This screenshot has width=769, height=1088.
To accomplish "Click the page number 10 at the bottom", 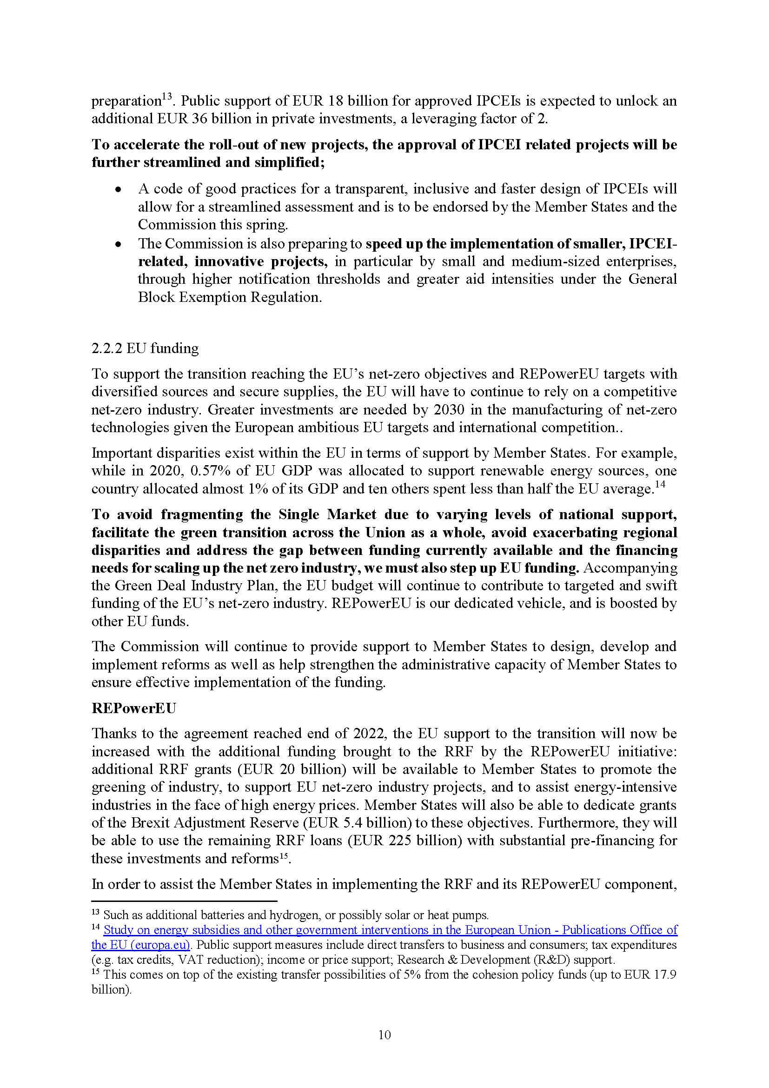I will click(384, 1034).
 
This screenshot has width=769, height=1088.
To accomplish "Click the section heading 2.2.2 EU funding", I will click(145, 348).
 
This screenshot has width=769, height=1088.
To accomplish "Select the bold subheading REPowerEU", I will click(133, 708).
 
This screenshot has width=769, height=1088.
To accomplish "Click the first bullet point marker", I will click(119, 189).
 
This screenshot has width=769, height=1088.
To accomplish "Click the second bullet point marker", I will click(119, 245).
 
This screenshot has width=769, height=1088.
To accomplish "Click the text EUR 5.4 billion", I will click(356, 823).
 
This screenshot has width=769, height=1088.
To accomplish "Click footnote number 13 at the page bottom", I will click(96, 913).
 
